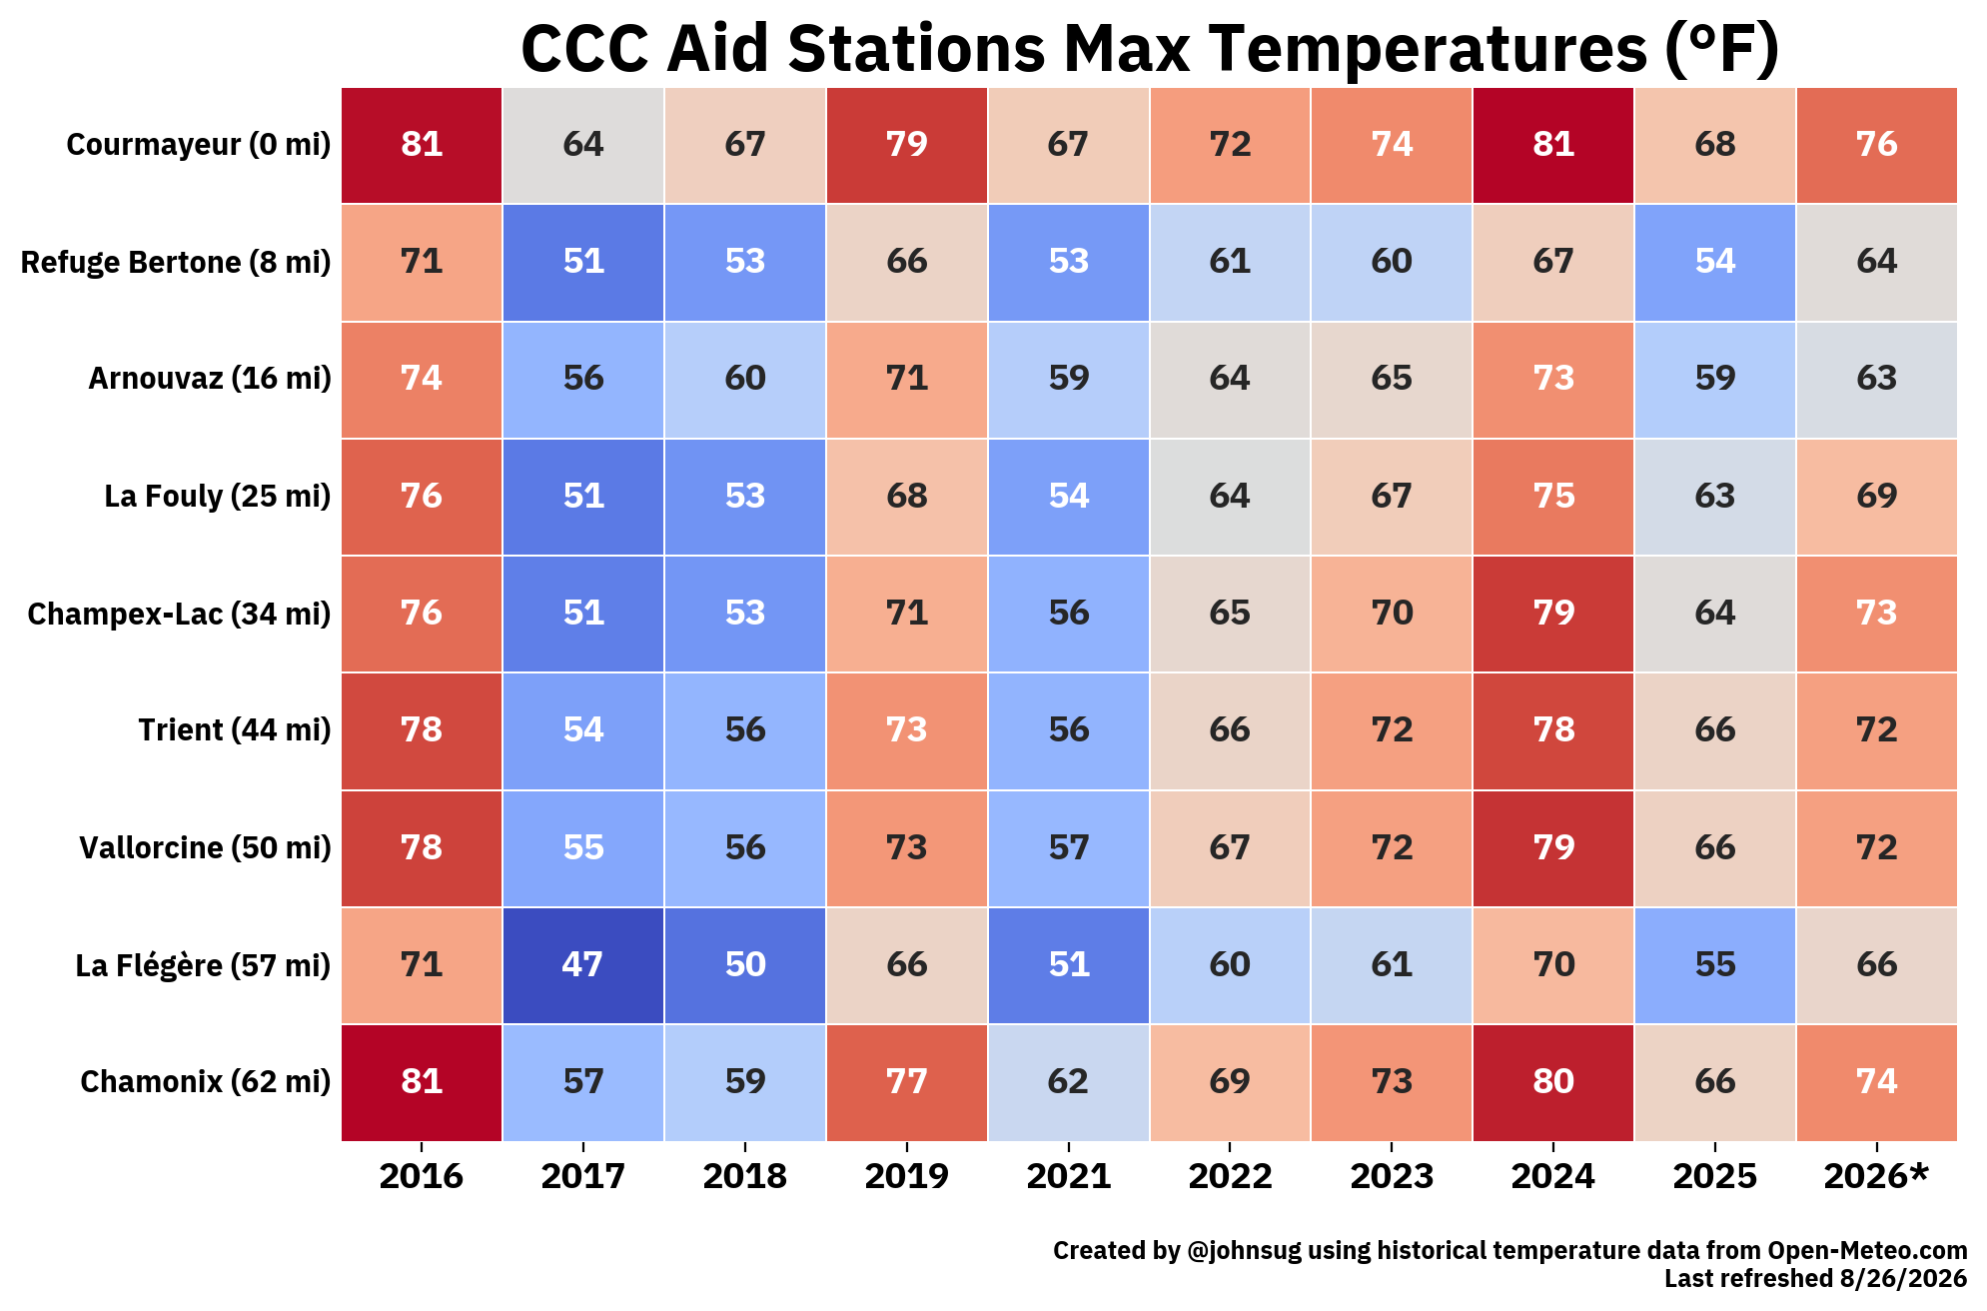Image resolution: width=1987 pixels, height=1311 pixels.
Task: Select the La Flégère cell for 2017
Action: point(583,965)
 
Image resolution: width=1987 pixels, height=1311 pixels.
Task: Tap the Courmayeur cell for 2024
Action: point(1553,145)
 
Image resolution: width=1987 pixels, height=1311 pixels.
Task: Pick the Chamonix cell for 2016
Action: point(422,1082)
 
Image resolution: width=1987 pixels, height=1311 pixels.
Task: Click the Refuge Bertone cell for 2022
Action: point(1230,262)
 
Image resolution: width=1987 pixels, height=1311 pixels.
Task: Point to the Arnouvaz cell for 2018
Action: point(745,379)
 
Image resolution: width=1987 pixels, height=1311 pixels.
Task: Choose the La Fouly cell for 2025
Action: point(1715,496)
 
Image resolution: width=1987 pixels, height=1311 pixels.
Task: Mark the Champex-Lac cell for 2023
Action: point(1392,614)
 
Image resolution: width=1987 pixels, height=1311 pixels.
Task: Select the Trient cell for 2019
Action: point(907,730)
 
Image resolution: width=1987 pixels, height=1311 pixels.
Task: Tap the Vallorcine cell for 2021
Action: point(1069,848)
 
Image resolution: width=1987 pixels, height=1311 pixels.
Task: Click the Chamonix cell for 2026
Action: point(1877,1082)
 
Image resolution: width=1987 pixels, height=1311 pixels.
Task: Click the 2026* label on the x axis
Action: point(1876,1176)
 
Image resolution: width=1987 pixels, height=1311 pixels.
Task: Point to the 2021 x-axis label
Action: point(1069,1176)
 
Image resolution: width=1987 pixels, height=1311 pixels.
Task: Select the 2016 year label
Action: point(422,1176)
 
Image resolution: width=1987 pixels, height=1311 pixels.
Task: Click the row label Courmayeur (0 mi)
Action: point(199,145)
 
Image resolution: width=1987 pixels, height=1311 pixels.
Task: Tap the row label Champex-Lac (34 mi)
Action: point(179,614)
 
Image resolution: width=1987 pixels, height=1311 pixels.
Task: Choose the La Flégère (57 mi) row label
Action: point(203,965)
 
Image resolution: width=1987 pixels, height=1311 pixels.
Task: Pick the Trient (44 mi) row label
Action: point(235,730)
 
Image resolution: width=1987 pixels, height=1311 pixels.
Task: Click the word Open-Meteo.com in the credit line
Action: point(1867,1250)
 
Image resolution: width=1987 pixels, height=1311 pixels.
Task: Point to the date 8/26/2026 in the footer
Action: point(1902,1278)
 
